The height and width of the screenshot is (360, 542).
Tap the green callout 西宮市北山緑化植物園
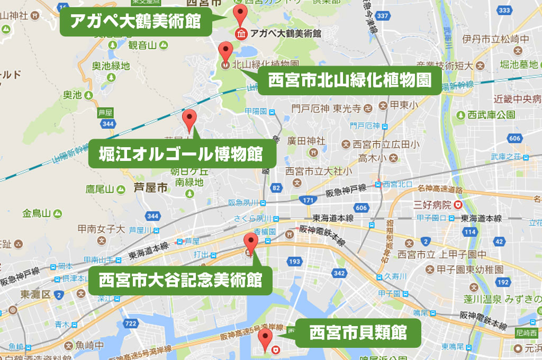click(349, 80)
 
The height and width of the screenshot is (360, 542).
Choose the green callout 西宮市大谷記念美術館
click(180, 280)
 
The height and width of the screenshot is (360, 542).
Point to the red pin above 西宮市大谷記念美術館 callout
click(250, 244)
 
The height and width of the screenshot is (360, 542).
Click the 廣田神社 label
click(306, 141)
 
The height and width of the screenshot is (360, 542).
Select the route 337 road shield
click(382, 16)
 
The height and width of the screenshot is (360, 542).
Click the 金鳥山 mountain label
click(35, 213)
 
